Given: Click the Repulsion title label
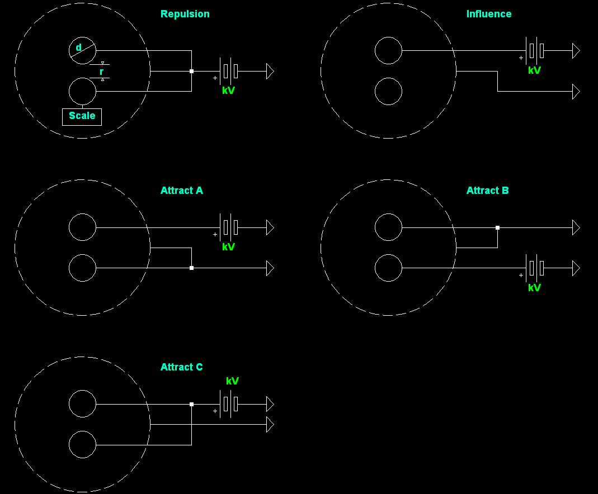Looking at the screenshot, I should (185, 14).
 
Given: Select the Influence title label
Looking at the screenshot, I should (488, 14).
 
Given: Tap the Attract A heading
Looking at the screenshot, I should (181, 191).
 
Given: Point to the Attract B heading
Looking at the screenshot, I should (487, 191).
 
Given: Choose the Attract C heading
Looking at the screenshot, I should (181, 367).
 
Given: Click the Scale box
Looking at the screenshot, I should (82, 116).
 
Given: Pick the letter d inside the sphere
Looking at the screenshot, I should (78, 47).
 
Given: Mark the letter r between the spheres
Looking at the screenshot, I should (101, 72).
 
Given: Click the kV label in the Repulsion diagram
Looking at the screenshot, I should (228, 91).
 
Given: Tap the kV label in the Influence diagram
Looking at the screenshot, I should (534, 70).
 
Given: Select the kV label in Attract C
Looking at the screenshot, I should (232, 381).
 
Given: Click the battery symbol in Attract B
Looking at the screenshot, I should (535, 268).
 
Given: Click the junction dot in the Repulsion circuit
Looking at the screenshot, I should (191, 71).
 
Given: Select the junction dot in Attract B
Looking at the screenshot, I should (497, 227).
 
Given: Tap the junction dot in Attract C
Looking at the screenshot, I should (191, 404).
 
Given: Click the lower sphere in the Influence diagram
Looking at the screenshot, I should (388, 91).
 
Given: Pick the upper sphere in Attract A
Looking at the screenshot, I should (82, 227).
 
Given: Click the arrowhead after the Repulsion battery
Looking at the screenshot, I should (270, 71).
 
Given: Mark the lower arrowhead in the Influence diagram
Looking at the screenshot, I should (576, 91).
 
